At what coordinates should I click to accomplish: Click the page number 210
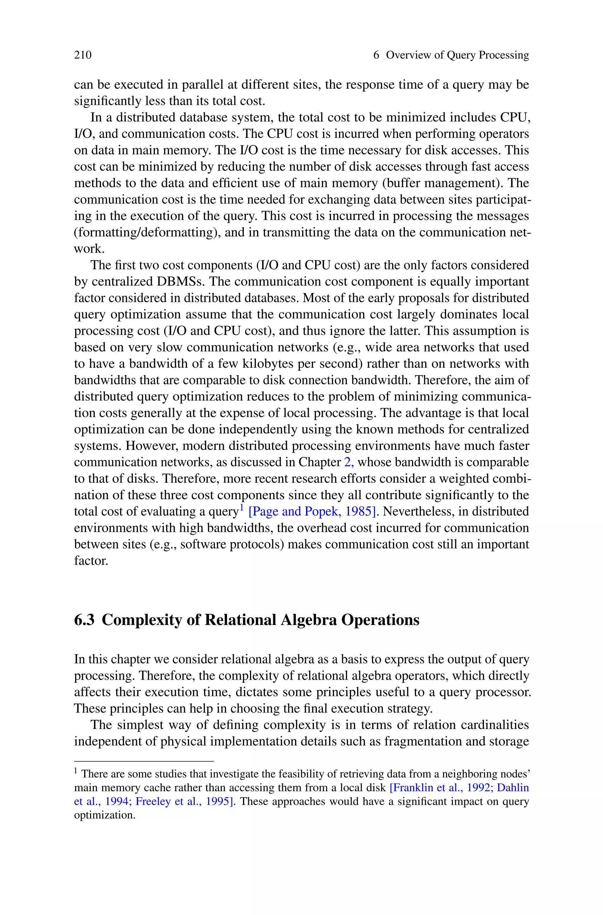click(83, 55)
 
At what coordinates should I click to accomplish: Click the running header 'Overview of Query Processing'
click(457, 55)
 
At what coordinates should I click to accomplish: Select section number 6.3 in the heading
click(84, 620)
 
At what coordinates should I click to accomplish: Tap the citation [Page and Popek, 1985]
click(312, 511)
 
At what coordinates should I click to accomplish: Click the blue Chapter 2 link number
click(348, 462)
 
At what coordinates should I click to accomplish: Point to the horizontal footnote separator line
click(143, 761)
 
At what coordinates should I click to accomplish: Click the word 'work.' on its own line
click(89, 249)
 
